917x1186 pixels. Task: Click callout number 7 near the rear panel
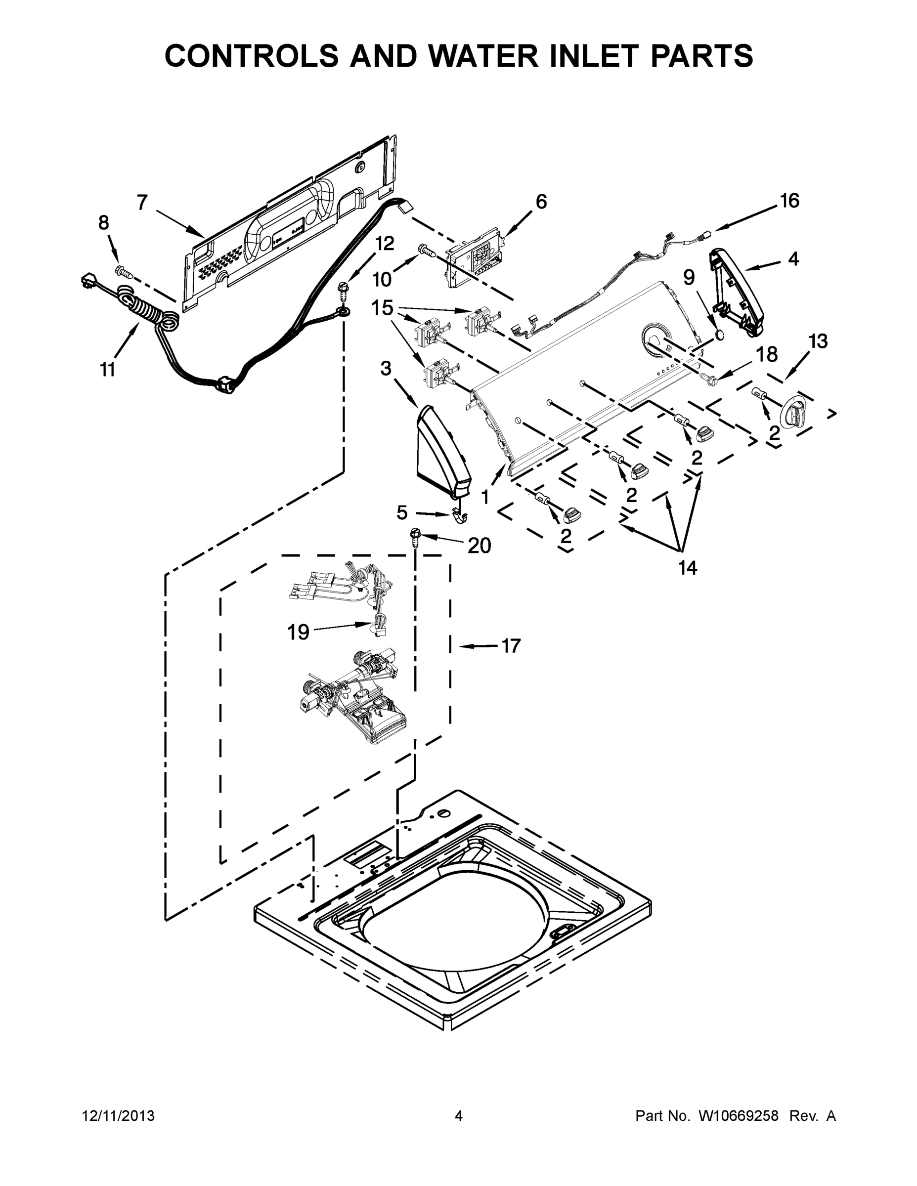[x=142, y=203]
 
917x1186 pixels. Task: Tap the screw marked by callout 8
[x=122, y=270]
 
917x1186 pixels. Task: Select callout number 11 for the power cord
[x=108, y=370]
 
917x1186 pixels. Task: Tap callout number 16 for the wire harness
[x=789, y=201]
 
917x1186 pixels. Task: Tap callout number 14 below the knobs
[x=687, y=568]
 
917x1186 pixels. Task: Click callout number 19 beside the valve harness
[x=298, y=632]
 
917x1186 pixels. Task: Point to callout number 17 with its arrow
[x=511, y=646]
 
